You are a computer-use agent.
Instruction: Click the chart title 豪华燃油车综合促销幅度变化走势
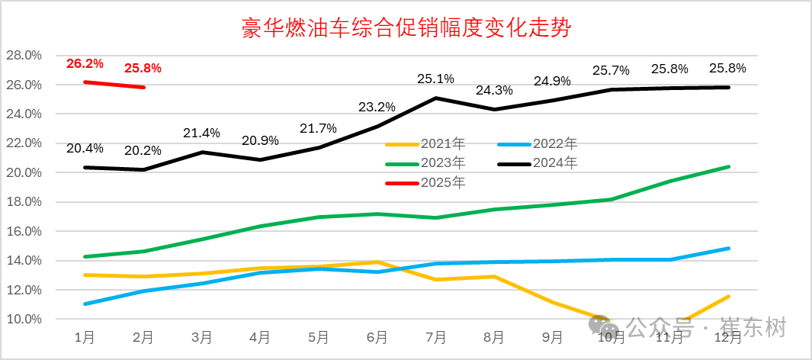[x=406, y=29]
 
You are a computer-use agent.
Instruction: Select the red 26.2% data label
[x=85, y=64]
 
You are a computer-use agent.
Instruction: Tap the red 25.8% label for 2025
[x=143, y=68]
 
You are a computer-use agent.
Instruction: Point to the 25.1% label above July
[x=435, y=79]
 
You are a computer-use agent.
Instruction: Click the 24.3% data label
[x=494, y=90]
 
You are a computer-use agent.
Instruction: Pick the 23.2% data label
[x=377, y=107]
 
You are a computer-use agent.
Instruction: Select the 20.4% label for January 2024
[x=85, y=148]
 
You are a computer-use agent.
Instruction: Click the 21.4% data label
[x=201, y=133]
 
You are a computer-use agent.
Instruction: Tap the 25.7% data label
[x=611, y=70]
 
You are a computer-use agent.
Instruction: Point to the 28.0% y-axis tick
[x=23, y=56]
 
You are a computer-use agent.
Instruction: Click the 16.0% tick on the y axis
[x=23, y=231]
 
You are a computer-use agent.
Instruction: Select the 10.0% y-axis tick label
[x=23, y=319]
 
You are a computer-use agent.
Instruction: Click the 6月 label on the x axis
[x=377, y=336]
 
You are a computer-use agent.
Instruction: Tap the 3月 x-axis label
[x=201, y=336]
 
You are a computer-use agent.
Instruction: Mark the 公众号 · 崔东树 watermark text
[x=705, y=329]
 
